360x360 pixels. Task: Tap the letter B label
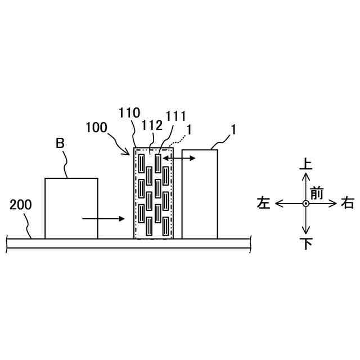[x=60, y=144]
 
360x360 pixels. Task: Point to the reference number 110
[x=129, y=113]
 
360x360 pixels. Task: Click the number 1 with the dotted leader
[x=190, y=129]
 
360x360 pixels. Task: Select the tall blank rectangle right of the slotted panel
[x=200, y=193]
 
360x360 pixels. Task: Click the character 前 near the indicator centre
[x=317, y=193]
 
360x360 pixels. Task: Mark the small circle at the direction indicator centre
[x=305, y=204]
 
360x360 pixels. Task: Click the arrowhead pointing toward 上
[x=305, y=175]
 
